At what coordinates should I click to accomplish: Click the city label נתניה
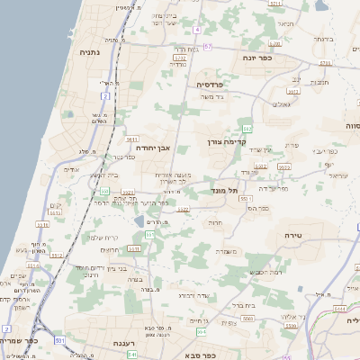pos(90,52)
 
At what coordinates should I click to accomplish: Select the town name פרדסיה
pos(215,84)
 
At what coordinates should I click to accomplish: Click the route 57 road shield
pos(208,47)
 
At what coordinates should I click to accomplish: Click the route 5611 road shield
pos(132,140)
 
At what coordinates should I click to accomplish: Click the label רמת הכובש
pos(265,272)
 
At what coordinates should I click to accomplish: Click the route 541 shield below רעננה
pos(131,355)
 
